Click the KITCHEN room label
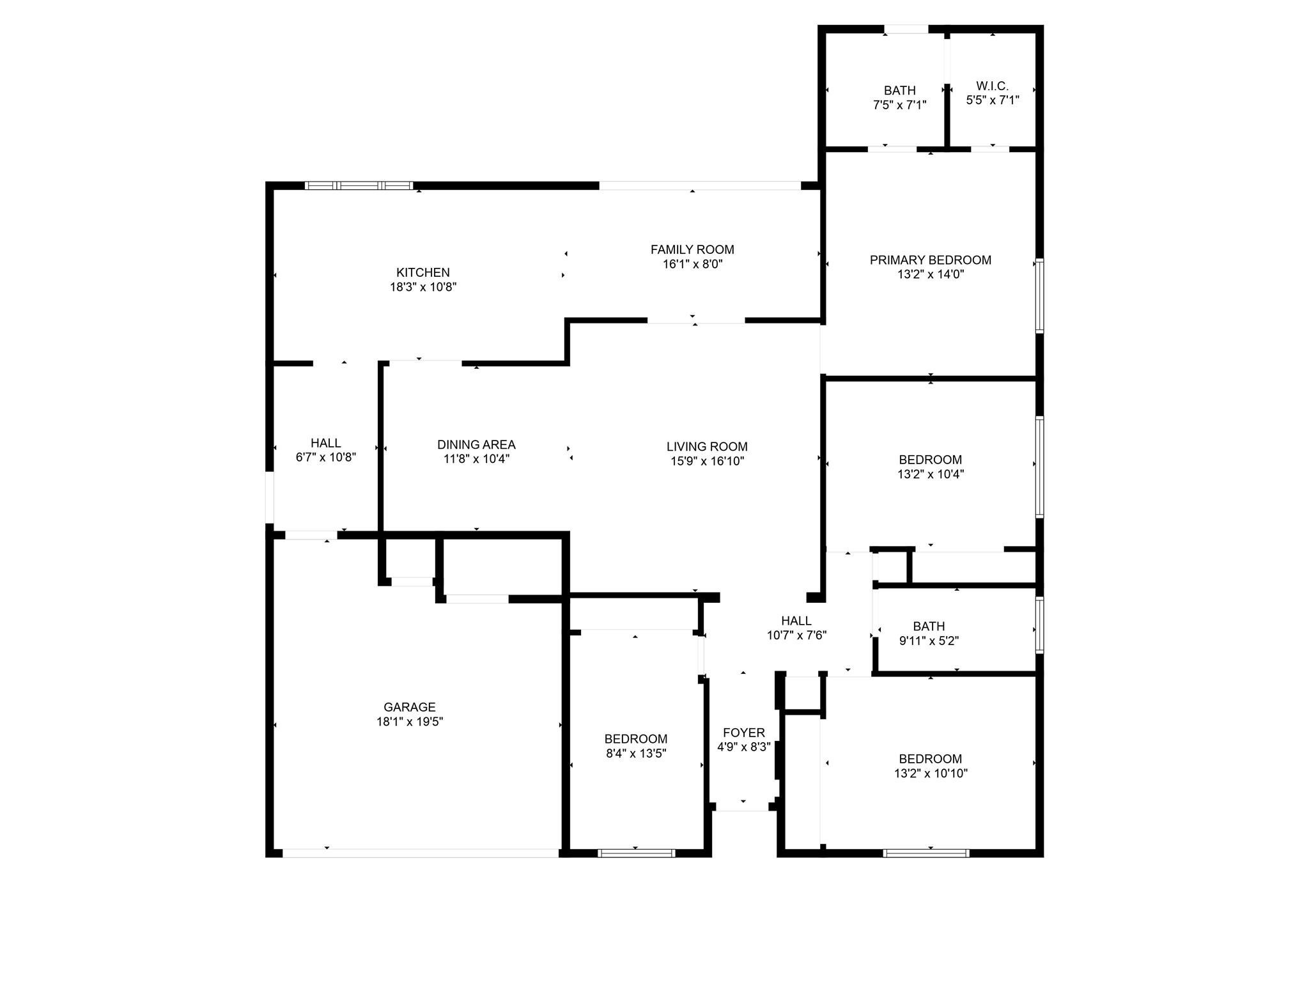point(422,272)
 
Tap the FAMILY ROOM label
point(692,249)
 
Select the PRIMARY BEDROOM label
point(930,260)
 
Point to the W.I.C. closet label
point(992,86)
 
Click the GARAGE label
point(410,707)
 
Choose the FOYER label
point(743,733)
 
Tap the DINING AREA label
point(476,444)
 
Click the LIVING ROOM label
point(707,446)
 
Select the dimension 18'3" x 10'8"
point(423,287)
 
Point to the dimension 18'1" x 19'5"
point(410,722)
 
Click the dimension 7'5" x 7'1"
point(900,105)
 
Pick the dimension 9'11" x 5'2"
point(929,641)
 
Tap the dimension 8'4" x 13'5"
point(636,753)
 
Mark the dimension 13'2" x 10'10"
point(931,773)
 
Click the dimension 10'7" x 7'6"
point(796,635)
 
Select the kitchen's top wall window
point(359,185)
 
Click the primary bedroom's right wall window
point(1040,295)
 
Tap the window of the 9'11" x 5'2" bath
point(1040,625)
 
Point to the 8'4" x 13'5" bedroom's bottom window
point(636,853)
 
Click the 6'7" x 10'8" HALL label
point(325,442)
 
